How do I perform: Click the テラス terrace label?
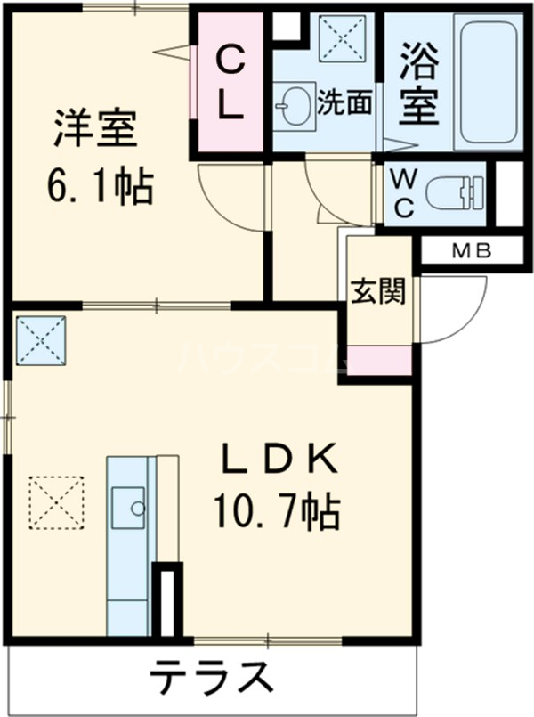210,681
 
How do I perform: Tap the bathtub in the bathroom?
489,82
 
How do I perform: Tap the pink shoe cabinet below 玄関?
379,361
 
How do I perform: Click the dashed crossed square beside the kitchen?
56,501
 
